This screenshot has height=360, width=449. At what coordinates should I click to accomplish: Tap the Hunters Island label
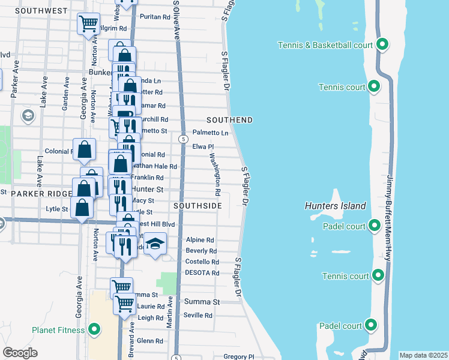click(x=336, y=206)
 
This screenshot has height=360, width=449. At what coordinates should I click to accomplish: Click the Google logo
click(x=20, y=353)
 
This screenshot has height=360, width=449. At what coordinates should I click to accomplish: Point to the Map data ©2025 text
click(x=423, y=355)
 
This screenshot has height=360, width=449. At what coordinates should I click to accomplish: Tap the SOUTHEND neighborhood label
click(x=230, y=120)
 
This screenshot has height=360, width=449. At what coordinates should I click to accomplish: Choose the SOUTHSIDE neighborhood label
click(x=197, y=206)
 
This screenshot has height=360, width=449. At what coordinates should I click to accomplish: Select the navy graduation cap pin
click(x=155, y=243)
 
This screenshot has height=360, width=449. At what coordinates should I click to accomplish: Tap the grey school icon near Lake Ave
click(x=28, y=115)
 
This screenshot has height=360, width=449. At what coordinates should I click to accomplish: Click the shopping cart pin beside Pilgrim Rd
click(x=89, y=24)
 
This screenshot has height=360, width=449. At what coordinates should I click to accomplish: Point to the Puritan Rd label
click(x=154, y=17)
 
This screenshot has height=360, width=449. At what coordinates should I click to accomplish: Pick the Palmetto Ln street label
click(x=210, y=133)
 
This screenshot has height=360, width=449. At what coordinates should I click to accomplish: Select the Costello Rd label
click(x=202, y=262)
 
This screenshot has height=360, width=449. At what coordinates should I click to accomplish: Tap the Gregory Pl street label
click(x=238, y=356)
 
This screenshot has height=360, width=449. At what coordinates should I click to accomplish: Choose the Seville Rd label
click(x=198, y=316)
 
